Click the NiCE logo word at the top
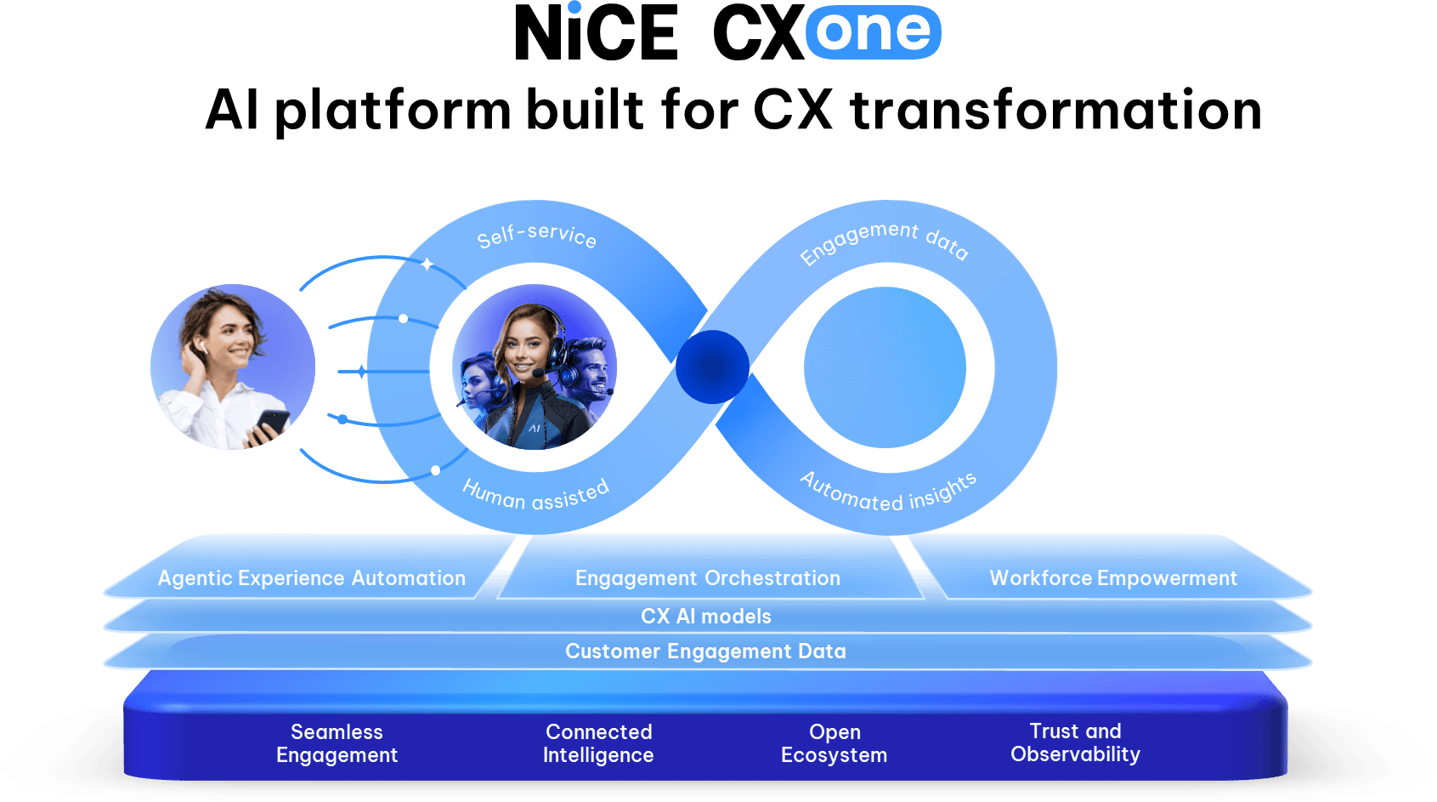pos(597,33)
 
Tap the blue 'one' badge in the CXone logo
pos(873,32)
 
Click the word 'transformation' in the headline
pos(1055,111)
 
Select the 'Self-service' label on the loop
pos(536,236)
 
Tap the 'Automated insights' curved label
pos(888,492)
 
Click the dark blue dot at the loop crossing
pos(712,367)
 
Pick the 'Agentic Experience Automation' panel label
pos(311,578)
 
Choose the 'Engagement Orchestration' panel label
pos(707,578)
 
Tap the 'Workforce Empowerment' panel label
pos(1113,578)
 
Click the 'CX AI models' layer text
pos(706,617)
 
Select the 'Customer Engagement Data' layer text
pos(705,651)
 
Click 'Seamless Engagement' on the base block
pos(337,743)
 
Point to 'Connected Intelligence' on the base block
pos(598,743)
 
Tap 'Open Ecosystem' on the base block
pos(834,743)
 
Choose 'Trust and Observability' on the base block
pos(1075,742)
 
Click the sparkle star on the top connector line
pos(427,264)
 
